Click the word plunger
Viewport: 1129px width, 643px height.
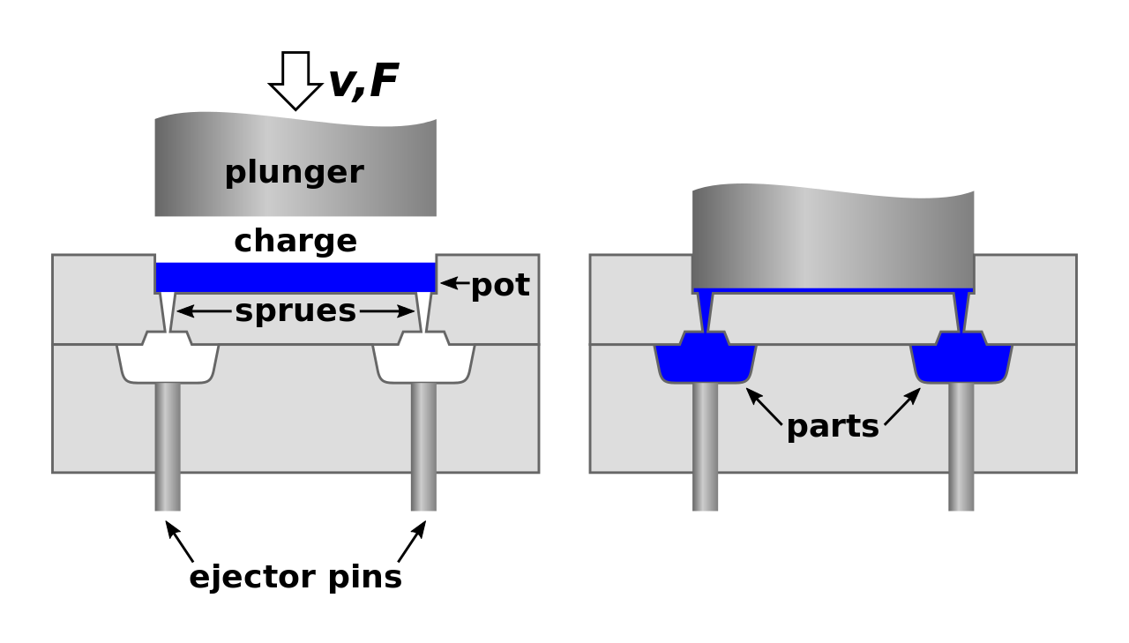click(x=294, y=172)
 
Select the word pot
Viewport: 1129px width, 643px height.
click(x=499, y=285)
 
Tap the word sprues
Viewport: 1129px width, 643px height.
click(x=295, y=311)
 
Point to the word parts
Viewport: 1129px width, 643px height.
click(x=832, y=426)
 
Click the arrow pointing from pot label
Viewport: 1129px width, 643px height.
click(x=454, y=283)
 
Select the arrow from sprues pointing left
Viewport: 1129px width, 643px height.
click(x=204, y=311)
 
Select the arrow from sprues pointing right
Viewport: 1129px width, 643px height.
click(x=387, y=311)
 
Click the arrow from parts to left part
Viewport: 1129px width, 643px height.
click(x=764, y=406)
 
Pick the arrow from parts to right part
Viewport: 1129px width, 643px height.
click(x=902, y=406)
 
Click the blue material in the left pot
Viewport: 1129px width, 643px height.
click(x=295, y=277)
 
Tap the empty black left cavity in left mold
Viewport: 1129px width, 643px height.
click(x=168, y=362)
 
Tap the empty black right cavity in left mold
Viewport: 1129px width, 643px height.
click(x=423, y=362)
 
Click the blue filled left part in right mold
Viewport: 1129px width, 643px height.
click(x=705, y=362)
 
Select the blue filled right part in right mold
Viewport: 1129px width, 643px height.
click(x=961, y=362)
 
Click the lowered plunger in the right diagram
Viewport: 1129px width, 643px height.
click(x=833, y=238)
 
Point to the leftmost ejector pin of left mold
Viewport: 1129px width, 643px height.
click(x=168, y=445)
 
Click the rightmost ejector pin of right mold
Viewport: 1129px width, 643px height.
click(x=961, y=445)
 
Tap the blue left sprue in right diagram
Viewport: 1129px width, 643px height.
click(x=705, y=310)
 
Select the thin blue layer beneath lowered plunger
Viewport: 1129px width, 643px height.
click(x=833, y=290)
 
